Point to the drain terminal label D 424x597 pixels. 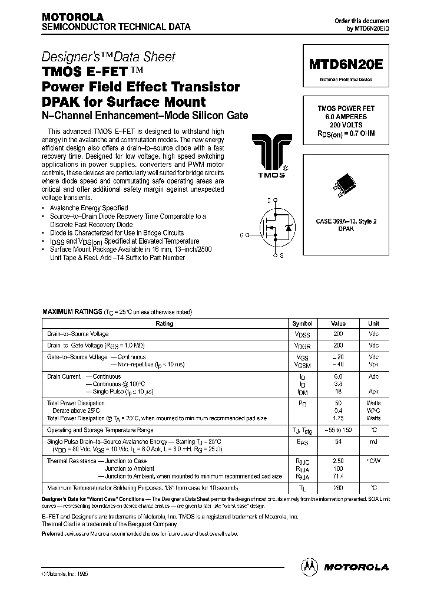269,201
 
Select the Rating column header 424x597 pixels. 164,323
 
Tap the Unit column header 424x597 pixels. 374,323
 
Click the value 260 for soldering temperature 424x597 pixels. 338,488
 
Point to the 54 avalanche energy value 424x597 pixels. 338,441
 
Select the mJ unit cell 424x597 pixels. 374,441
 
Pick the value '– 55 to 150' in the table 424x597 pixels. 338,431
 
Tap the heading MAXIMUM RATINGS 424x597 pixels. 71,311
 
